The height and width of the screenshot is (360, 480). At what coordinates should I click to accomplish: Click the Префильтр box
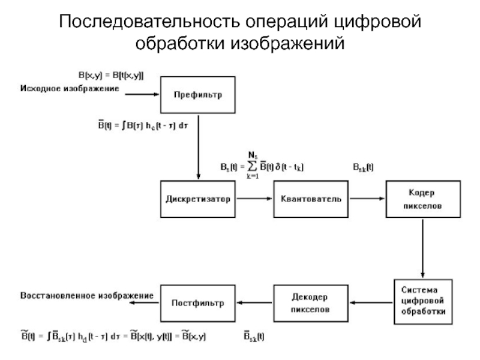197,94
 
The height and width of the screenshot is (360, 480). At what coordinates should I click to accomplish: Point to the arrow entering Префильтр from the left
144,94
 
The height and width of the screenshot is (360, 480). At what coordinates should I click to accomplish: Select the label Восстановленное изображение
86,296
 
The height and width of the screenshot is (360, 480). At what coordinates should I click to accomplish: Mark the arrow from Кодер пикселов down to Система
424,247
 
